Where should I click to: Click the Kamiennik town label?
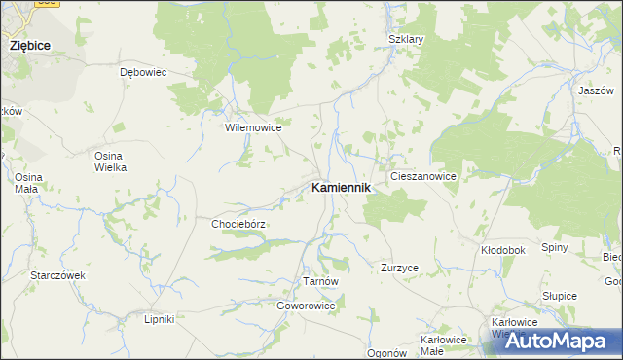pyautogui.click(x=340, y=188)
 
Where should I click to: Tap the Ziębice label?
pyautogui.click(x=30, y=45)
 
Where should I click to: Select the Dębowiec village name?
pyautogui.click(x=143, y=72)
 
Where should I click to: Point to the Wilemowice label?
pyautogui.click(x=253, y=127)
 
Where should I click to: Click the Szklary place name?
pyautogui.click(x=406, y=40)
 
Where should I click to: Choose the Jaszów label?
pyautogui.click(x=593, y=90)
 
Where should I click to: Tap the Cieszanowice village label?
pyautogui.click(x=422, y=176)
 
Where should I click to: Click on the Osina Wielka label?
pyautogui.click(x=110, y=162)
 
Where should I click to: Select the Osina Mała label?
pyautogui.click(x=25, y=183)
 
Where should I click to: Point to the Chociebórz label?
pyautogui.click(x=238, y=224)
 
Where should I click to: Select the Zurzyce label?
pyautogui.click(x=400, y=267)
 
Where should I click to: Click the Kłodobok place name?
pyautogui.click(x=503, y=250)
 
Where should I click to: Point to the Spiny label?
pyautogui.click(x=555, y=247)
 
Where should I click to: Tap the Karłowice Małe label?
pyautogui.click(x=444, y=344)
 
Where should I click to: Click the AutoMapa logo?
pyautogui.click(x=561, y=341)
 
